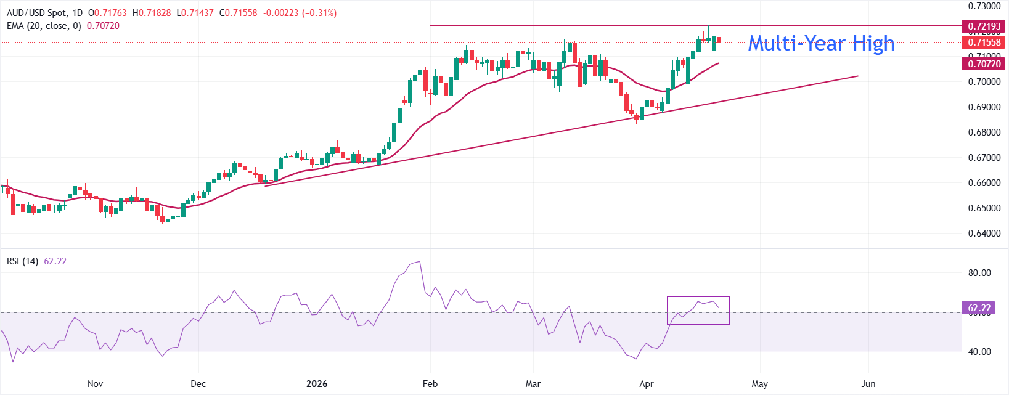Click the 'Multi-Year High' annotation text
[x=821, y=43]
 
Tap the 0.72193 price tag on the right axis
[x=984, y=26]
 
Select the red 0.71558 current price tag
[x=984, y=43]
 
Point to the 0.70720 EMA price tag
[x=984, y=63]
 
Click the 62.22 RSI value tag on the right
[x=979, y=308]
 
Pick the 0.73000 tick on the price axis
[x=984, y=6]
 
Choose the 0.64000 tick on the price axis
[x=984, y=234]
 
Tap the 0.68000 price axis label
[x=984, y=132]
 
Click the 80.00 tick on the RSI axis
[x=979, y=273]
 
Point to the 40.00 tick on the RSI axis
[x=979, y=352]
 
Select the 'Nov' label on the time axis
[x=95, y=384]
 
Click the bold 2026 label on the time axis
[x=317, y=384]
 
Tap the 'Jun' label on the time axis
[x=868, y=384]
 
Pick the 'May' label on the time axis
[x=760, y=384]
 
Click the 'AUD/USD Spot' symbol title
[x=36, y=13]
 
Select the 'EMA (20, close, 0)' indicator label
[x=44, y=26]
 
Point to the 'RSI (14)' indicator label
[x=22, y=261]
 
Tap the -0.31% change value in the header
[x=319, y=13]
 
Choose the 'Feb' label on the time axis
[x=430, y=384]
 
